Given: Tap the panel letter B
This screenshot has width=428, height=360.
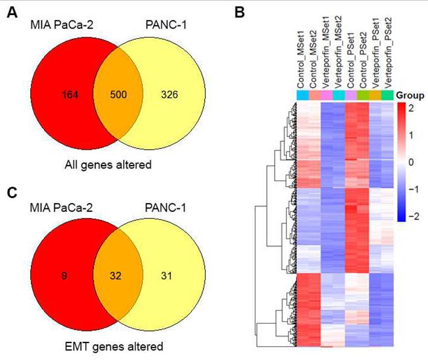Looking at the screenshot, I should (240, 11).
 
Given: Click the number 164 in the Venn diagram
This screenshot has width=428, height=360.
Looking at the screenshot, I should (71, 95).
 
